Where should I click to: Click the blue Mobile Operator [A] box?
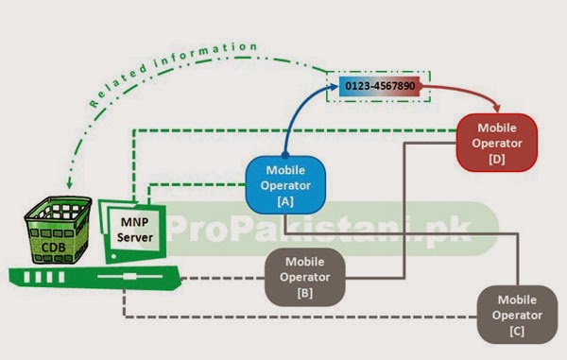tap(285, 185)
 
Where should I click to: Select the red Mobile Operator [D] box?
tap(497, 143)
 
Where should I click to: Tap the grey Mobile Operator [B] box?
tap(305, 277)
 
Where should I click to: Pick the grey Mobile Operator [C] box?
tap(517, 315)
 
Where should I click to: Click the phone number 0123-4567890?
tap(380, 86)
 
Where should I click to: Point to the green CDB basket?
tap(58, 230)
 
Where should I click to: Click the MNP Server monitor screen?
tap(134, 230)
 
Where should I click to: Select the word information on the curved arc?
tap(205, 54)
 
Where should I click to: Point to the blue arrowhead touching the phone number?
tap(334, 86)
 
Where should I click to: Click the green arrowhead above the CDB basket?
tap(69, 184)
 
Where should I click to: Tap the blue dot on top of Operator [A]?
tap(285, 155)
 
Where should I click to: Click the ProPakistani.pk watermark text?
tap(319, 229)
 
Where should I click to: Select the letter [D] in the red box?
tap(497, 159)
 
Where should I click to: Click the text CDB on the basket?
tap(53, 248)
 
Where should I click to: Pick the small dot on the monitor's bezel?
tap(114, 256)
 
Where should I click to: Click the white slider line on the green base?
tap(129, 277)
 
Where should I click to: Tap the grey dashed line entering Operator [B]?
tap(223, 279)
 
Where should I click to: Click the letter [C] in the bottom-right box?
tap(517, 331)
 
